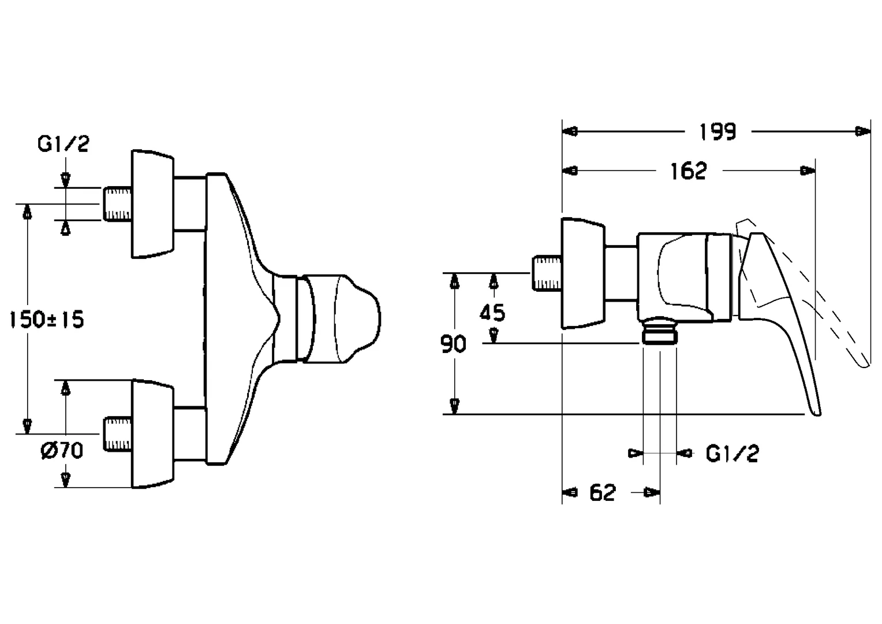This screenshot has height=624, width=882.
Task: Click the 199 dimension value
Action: tap(717, 132)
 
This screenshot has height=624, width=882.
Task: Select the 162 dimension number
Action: tap(689, 171)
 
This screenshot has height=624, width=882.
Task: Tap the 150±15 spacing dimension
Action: tap(47, 319)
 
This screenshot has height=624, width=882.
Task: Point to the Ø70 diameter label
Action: tap(62, 450)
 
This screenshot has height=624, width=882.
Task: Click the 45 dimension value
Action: tap(492, 313)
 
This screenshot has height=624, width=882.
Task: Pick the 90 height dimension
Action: tap(453, 344)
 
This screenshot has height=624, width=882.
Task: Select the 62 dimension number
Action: tap(603, 493)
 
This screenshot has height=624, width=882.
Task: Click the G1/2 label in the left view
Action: tap(63, 144)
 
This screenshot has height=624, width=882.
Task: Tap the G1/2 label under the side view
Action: tap(732, 454)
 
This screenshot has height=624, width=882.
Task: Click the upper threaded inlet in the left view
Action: tap(118, 204)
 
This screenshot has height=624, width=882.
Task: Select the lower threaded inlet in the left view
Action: tap(118, 434)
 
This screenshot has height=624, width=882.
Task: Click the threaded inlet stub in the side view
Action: tap(546, 273)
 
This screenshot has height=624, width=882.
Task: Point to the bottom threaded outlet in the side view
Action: tap(660, 335)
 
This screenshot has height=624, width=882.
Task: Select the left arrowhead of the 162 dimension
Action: tap(570, 171)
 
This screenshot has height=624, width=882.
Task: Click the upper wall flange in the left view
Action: tap(152, 204)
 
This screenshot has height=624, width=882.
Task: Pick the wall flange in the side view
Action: tap(583, 273)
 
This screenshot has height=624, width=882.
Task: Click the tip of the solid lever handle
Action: tap(816, 411)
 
